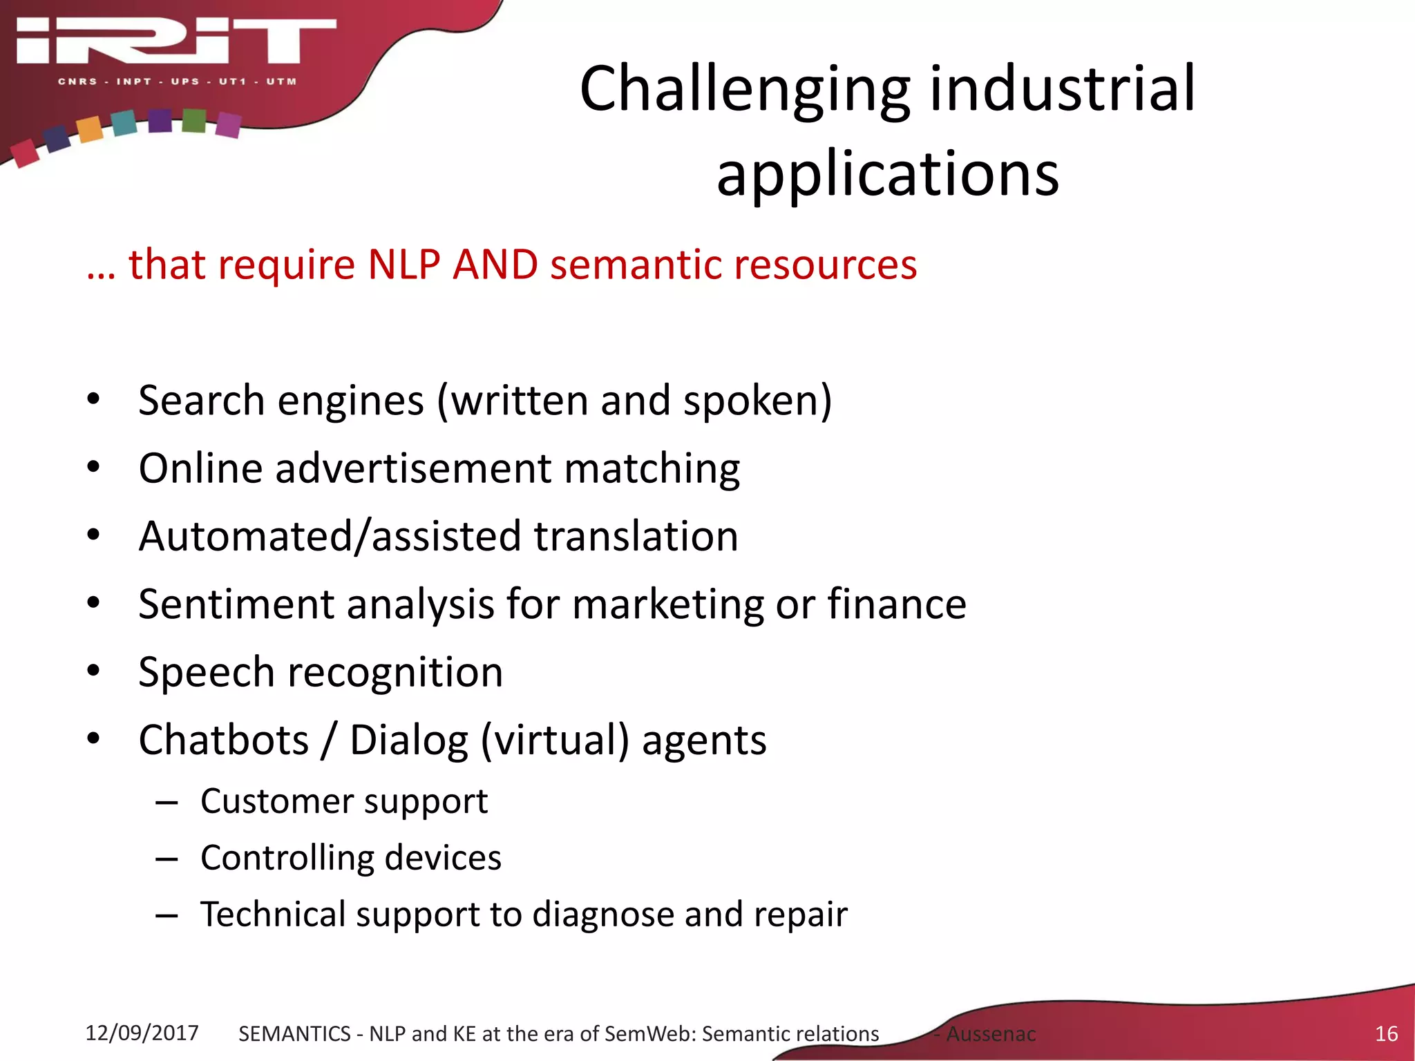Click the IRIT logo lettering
[x=176, y=41]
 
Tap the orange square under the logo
[x=89, y=129]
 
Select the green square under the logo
[x=194, y=120]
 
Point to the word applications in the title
[x=887, y=174]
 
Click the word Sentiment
[x=236, y=604]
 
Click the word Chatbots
[x=223, y=740]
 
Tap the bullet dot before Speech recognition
[x=94, y=671]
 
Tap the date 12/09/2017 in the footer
[x=142, y=1033]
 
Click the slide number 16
[x=1386, y=1034]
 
